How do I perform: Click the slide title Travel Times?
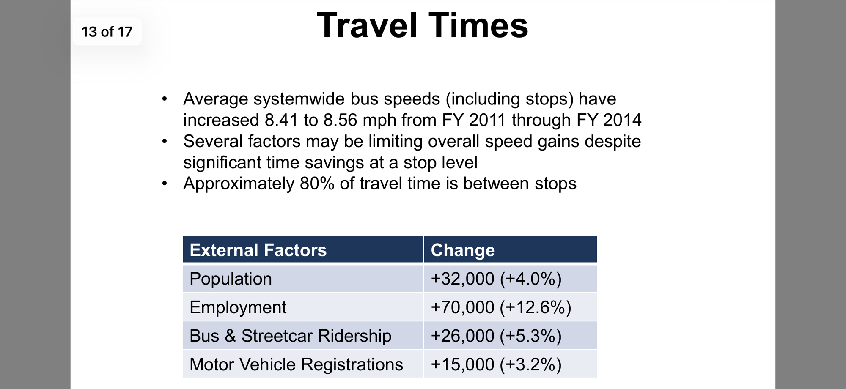pos(422,25)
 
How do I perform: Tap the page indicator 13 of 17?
pos(107,32)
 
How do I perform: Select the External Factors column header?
pos(258,250)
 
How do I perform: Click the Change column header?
pos(463,250)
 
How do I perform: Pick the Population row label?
pos(231,279)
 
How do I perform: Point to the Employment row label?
pos(238,307)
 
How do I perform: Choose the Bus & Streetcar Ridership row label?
pos(291,336)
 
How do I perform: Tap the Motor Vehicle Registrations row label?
pos(296,364)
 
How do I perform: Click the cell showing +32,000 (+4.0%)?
pos(496,279)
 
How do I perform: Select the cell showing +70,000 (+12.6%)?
pos(501,307)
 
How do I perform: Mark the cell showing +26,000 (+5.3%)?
pos(496,336)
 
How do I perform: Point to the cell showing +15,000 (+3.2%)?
pos(496,364)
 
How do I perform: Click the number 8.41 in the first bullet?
pos(281,120)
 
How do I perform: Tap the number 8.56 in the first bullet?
pos(341,120)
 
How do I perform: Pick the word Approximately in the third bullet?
pos(239,184)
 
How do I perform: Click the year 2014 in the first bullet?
pos(622,120)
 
